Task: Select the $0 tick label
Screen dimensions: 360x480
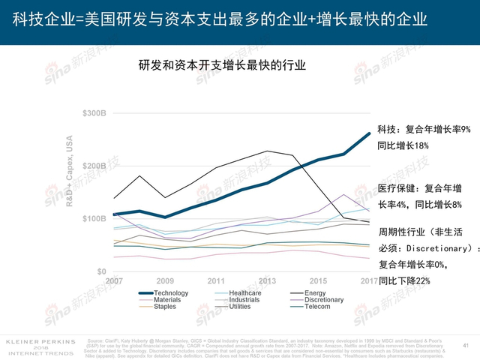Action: click(101, 271)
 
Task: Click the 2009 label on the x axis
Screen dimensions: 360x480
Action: click(165, 280)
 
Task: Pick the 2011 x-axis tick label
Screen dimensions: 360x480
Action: click(216, 280)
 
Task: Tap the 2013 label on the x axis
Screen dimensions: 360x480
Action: click(267, 280)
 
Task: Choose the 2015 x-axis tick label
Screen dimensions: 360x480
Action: click(318, 280)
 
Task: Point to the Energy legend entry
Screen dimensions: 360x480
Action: click(315, 292)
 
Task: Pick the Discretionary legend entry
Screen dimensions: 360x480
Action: click(324, 300)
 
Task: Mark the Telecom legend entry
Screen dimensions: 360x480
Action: click(317, 307)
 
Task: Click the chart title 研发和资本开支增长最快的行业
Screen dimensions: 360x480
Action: click(222, 65)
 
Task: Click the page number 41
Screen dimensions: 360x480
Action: click(465, 346)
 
